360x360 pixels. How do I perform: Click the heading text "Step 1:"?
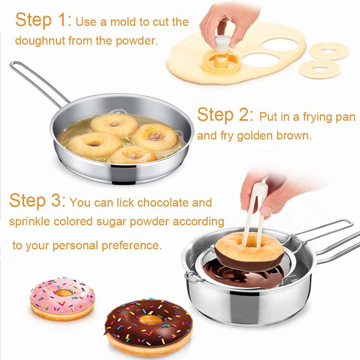(x=43, y=20)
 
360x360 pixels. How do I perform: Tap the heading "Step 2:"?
(x=225, y=115)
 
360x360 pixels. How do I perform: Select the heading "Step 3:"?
(x=37, y=200)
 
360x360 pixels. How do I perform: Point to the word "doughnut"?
(x=40, y=41)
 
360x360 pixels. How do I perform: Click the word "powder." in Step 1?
(x=137, y=41)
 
